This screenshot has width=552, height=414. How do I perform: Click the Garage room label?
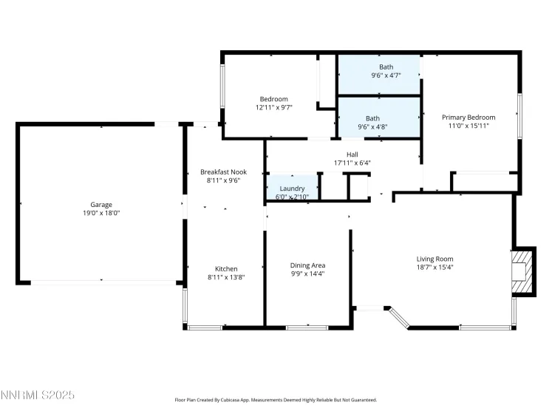click(x=101, y=204)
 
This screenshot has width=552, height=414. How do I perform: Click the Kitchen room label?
click(x=226, y=268)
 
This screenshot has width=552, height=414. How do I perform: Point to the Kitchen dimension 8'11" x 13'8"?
click(x=225, y=277)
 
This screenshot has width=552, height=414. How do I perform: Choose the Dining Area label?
click(x=308, y=265)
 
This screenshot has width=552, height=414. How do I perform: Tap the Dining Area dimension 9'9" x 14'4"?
click(x=308, y=274)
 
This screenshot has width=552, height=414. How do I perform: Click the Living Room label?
click(x=435, y=259)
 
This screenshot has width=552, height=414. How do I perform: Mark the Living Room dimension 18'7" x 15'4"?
click(x=435, y=268)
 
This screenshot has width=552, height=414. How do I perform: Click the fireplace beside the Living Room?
click(x=521, y=271)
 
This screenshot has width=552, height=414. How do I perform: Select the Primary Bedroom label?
click(x=468, y=117)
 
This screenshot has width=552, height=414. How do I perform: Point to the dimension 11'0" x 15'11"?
click(x=468, y=126)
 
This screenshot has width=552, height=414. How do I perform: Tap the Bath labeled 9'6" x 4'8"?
click(x=373, y=122)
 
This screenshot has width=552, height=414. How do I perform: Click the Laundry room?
click(x=292, y=190)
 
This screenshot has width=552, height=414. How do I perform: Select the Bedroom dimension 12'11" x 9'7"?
click(x=273, y=108)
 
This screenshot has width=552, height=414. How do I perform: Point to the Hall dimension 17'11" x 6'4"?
click(x=352, y=163)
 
